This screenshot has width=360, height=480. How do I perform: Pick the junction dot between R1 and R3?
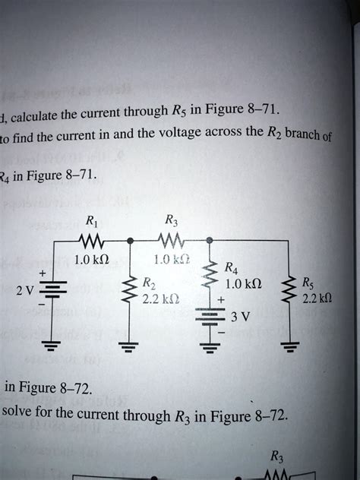pos(131,240)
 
